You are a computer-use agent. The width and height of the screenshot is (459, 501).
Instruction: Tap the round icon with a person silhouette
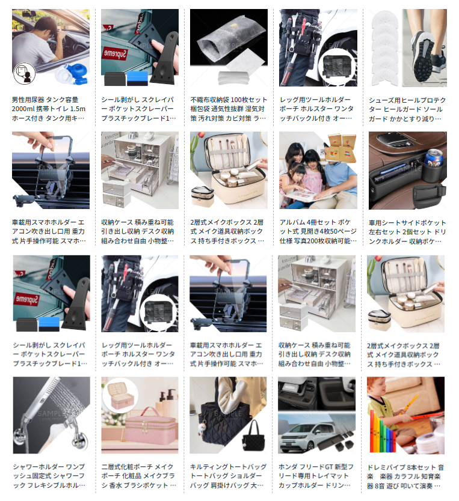coord(24,73)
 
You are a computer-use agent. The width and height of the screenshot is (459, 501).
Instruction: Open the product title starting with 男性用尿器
coord(49,109)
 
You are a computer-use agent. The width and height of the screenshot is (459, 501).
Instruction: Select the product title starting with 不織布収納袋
coord(229,109)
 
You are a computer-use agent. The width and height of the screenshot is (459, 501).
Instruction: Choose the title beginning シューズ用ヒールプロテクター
coord(407,109)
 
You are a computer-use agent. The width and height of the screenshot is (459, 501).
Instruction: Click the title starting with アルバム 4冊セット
coord(318,231)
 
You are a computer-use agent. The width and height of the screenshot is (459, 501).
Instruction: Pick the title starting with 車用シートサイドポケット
coord(407,232)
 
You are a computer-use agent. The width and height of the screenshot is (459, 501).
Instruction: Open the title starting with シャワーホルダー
coord(49,476)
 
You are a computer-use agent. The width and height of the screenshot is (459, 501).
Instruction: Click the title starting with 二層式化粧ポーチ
coord(138,476)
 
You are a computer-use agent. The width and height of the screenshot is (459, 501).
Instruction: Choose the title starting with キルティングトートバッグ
coord(228,476)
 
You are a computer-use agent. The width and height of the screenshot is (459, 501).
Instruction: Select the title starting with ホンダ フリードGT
coord(316,476)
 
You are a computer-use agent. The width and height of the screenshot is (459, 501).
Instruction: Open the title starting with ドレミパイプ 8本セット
coord(405,477)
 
